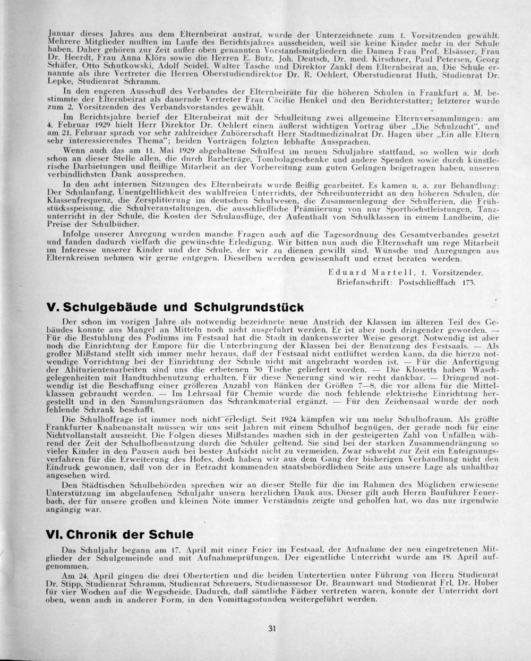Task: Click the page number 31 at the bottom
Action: pyautogui.click(x=272, y=629)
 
